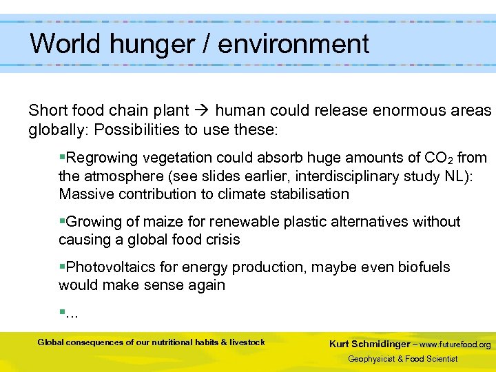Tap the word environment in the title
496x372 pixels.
coord(294,44)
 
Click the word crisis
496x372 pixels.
coord(222,240)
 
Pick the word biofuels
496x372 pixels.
coord(422,267)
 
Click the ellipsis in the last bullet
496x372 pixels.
coord(71,313)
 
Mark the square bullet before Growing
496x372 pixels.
coord(62,222)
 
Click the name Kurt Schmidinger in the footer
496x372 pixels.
coord(370,344)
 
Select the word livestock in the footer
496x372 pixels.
coord(247,342)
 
